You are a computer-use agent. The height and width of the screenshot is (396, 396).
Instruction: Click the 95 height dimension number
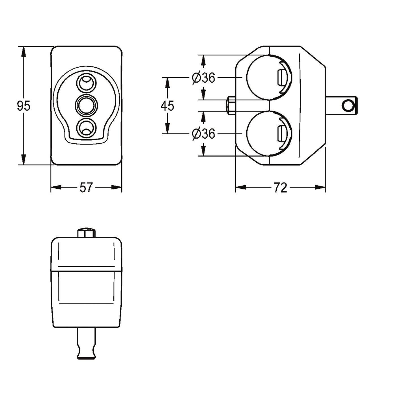click(x=24, y=106)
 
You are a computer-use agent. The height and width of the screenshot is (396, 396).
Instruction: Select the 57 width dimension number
click(x=86, y=188)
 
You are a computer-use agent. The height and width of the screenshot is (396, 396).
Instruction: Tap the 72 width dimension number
click(x=280, y=188)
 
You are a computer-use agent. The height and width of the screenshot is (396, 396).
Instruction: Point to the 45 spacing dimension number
click(x=167, y=106)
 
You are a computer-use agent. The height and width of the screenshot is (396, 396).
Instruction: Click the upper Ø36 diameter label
click(x=203, y=78)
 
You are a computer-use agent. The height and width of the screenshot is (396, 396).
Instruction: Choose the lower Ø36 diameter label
click(x=203, y=134)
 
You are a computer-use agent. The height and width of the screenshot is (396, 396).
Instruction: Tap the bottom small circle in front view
click(x=86, y=128)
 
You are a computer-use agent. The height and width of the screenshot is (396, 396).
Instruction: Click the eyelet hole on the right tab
click(x=348, y=106)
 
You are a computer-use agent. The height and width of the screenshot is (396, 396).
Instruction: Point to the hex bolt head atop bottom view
click(x=86, y=233)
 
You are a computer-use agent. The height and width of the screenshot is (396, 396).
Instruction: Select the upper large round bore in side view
click(x=269, y=78)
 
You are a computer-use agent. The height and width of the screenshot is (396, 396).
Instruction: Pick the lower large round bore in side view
click(x=269, y=134)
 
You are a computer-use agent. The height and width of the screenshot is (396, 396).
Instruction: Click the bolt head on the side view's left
click(x=231, y=106)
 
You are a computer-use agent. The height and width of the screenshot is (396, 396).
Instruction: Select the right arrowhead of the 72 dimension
click(x=320, y=187)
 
